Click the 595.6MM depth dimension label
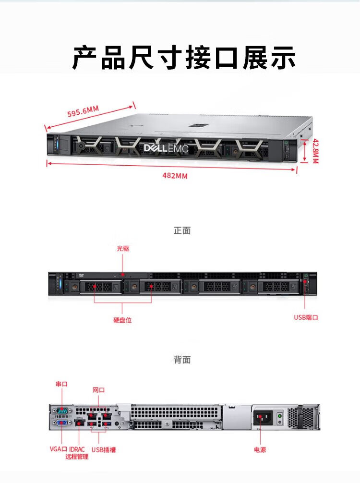[83, 111]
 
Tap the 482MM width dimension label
[175, 176]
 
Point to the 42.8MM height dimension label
[316, 151]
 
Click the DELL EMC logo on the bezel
[166, 148]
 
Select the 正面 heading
[182, 230]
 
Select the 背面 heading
[182, 360]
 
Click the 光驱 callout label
[123, 248]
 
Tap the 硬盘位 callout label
[122, 320]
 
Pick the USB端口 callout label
[306, 317]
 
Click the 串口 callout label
[61, 384]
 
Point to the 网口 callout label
[98, 390]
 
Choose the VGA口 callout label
[58, 449]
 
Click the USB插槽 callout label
[104, 450]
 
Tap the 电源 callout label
[260, 450]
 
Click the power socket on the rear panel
[263, 418]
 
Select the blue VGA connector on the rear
[62, 423]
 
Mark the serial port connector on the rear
[62, 411]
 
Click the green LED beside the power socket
[280, 416]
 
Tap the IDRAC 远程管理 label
[77, 453]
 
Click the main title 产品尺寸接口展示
[184, 57]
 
